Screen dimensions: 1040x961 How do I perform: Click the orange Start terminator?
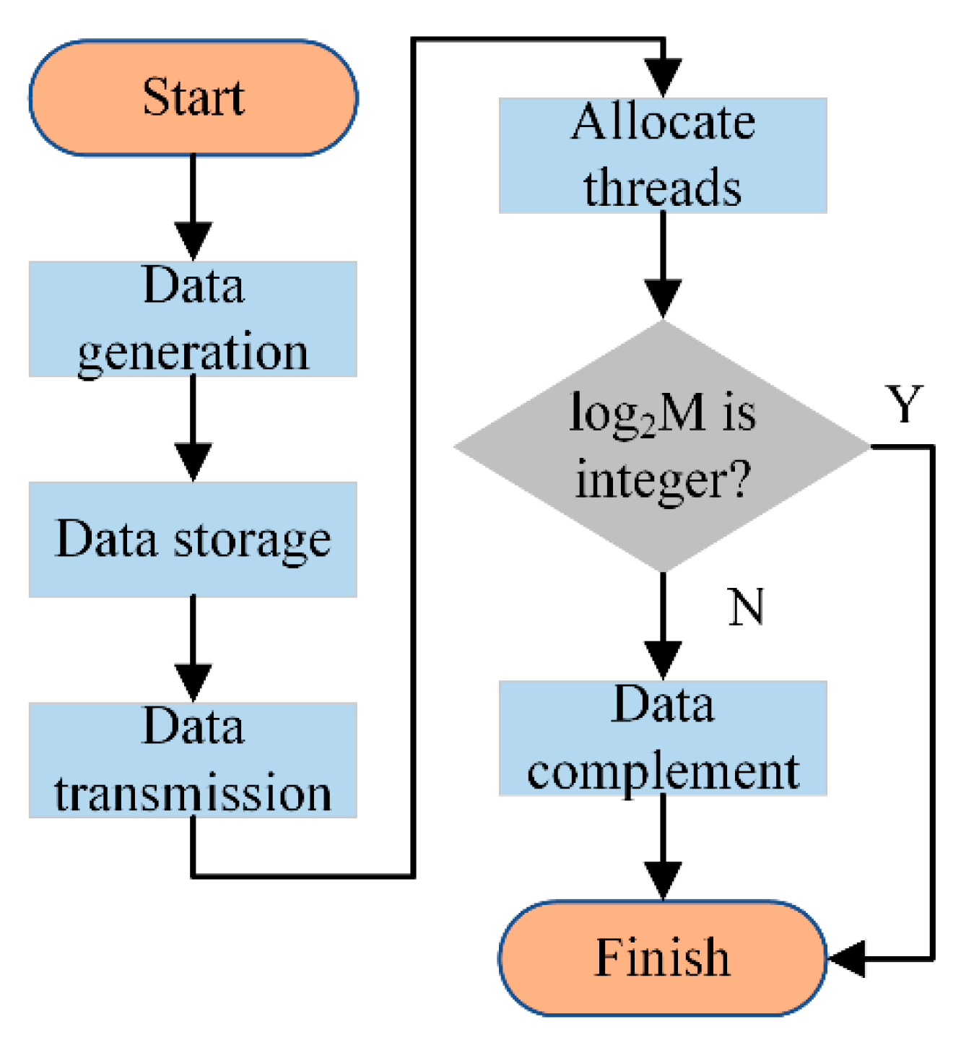pos(193,97)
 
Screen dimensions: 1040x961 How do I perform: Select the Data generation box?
pos(193,318)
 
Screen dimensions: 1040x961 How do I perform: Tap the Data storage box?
pos(193,539)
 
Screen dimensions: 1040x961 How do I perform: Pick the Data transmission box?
pos(193,759)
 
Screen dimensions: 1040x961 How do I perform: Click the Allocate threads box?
pos(662,155)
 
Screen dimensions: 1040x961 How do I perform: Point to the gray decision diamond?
pos(662,446)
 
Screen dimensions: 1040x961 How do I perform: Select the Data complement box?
pos(662,737)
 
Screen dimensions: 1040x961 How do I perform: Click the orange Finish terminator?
pos(662,958)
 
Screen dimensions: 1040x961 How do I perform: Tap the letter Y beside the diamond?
pos(904,404)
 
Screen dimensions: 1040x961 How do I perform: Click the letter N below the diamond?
pos(745,607)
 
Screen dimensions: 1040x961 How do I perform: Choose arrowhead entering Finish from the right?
pos(846,959)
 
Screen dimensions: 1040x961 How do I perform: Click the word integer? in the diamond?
pos(662,479)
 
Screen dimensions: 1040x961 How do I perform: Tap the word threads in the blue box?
pos(662,186)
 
